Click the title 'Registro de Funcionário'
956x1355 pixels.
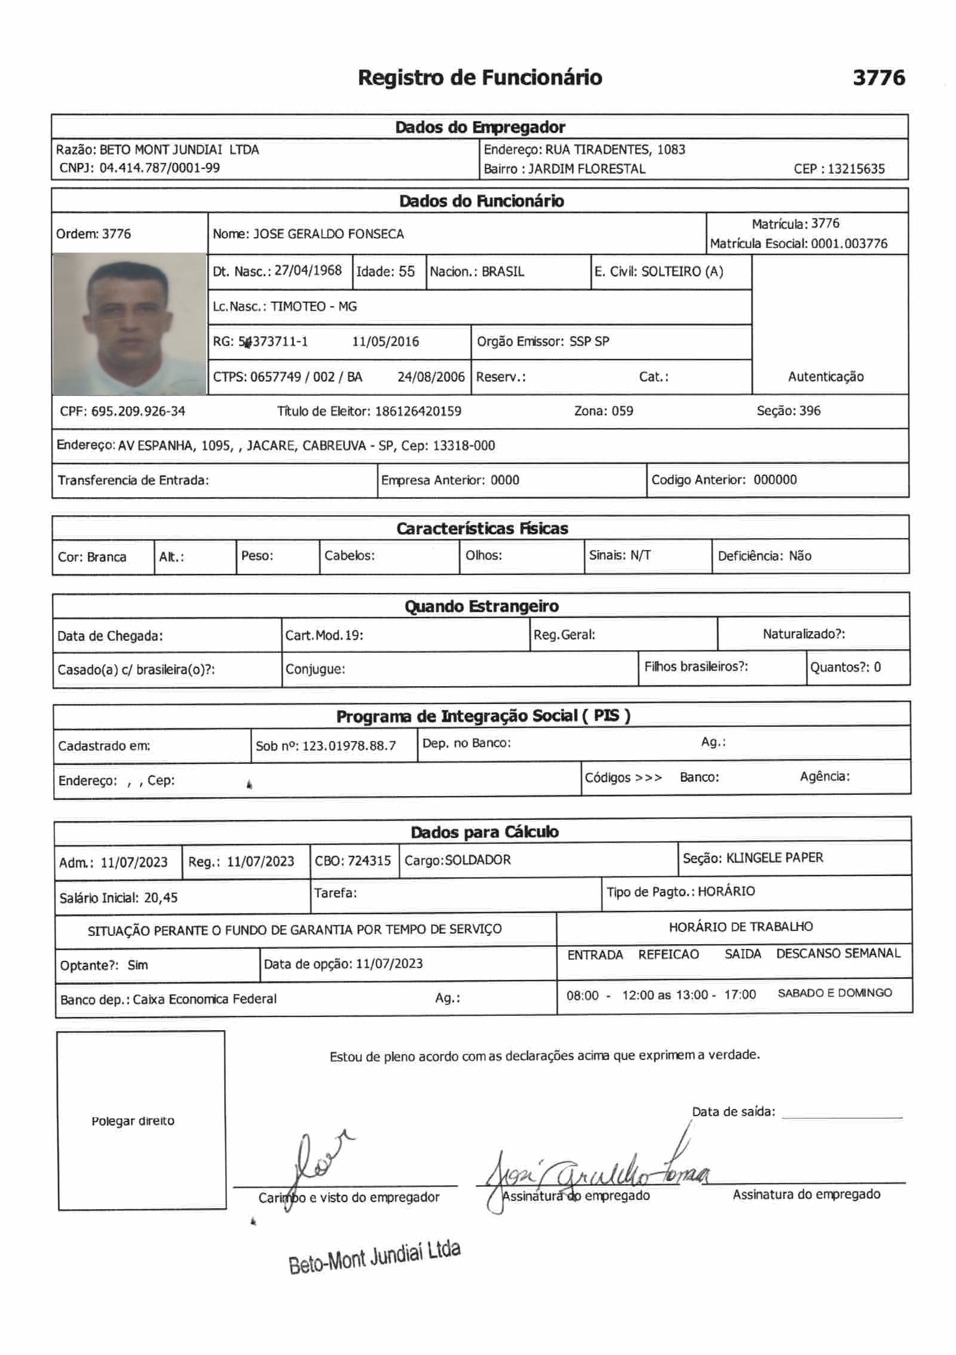click(480, 78)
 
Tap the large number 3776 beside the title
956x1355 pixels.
click(878, 78)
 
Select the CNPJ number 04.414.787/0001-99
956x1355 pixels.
click(160, 168)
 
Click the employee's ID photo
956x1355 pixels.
click(130, 324)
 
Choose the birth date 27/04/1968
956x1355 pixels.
click(308, 271)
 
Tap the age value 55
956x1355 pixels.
click(406, 272)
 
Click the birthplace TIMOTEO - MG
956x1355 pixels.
click(313, 306)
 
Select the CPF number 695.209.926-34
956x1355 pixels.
click(138, 411)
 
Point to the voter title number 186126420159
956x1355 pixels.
click(418, 411)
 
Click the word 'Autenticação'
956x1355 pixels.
click(825, 376)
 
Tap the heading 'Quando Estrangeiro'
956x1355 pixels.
click(482, 606)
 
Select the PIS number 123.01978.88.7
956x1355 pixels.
click(349, 745)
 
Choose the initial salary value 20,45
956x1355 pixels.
click(161, 898)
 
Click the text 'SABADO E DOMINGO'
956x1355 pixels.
click(834, 993)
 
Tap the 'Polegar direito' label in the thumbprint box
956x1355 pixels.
click(133, 1121)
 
